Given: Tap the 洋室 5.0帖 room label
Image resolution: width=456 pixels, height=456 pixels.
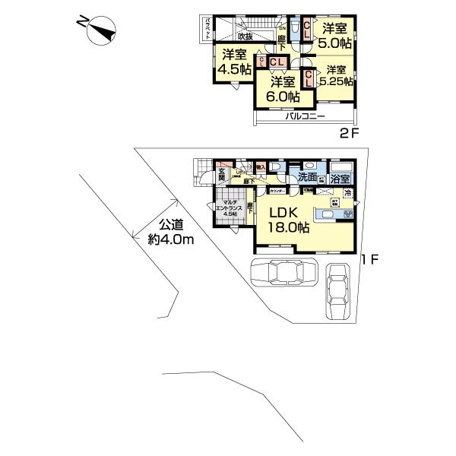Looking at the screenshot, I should pos(334,35).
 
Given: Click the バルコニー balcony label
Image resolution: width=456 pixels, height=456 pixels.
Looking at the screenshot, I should pos(305,116).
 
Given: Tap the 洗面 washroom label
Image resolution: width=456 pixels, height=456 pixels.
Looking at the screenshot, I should pos(308,178).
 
